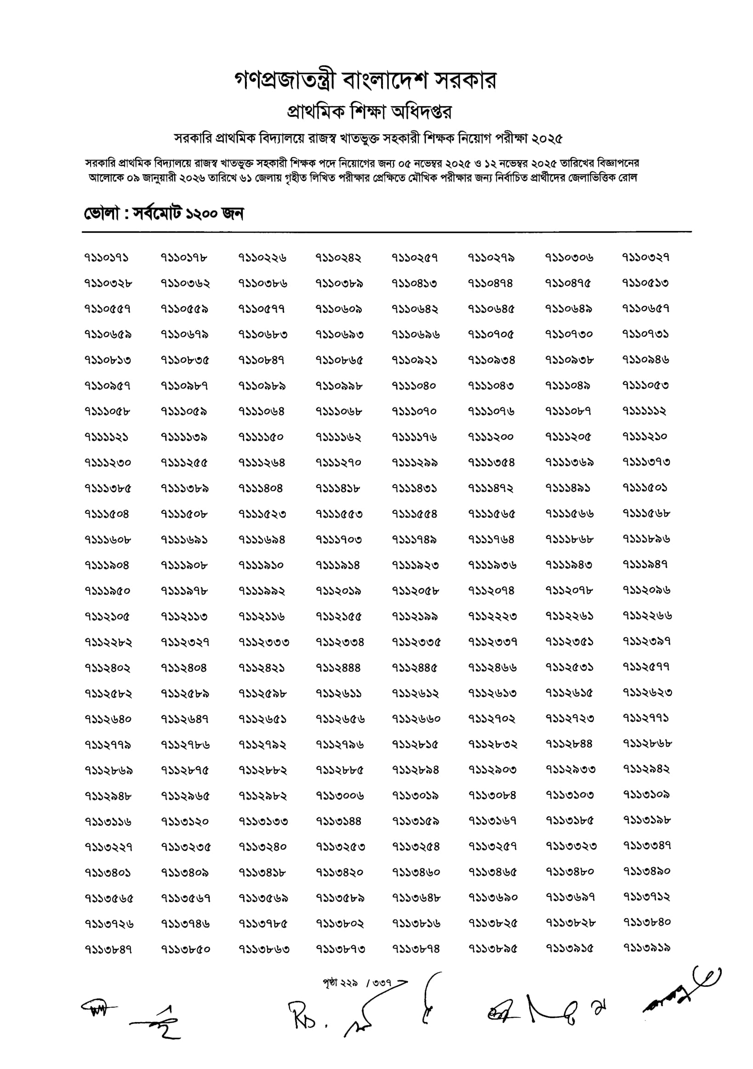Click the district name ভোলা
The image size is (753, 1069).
[101, 214]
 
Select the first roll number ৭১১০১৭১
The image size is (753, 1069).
[107, 258]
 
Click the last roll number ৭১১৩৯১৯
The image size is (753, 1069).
[647, 948]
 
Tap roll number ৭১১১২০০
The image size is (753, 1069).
[491, 437]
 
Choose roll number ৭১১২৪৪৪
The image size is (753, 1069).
[338, 667]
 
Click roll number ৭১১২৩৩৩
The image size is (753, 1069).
[263, 642]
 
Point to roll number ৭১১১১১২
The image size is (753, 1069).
[645, 411]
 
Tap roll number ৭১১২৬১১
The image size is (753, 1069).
[338, 693]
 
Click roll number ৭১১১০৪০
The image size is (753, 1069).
[414, 385]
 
